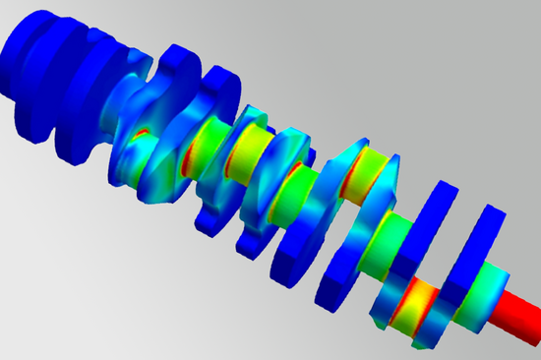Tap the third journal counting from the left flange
tap(295, 182)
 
